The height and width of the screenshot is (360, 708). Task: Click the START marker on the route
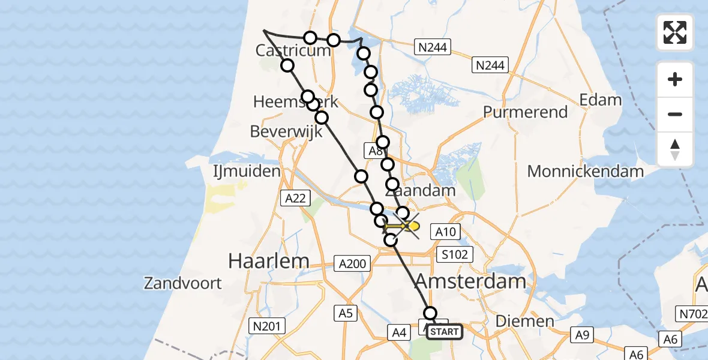[x=445, y=332]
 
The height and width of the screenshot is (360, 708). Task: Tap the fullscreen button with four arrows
[x=675, y=32]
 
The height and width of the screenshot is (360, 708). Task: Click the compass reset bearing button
[x=675, y=149]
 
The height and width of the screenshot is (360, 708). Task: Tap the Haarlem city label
[x=269, y=260]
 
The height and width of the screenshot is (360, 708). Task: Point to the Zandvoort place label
[x=182, y=283]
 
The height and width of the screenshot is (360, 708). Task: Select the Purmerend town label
[x=525, y=112]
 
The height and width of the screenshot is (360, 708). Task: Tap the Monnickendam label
[x=586, y=171]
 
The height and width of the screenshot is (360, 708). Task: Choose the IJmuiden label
[x=247, y=172]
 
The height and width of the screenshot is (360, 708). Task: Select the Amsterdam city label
[x=470, y=280]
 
